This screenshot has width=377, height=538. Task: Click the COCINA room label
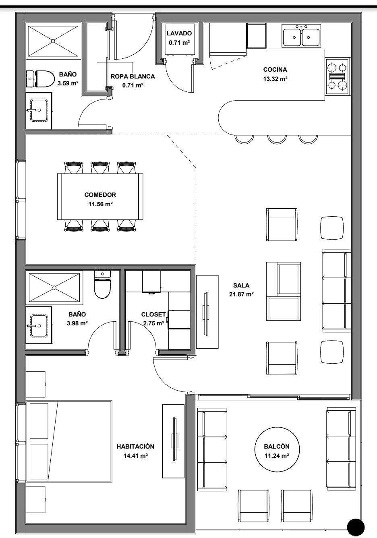(275, 70)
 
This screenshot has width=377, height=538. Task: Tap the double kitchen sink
(301, 35)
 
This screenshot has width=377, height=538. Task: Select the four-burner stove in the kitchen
(338, 77)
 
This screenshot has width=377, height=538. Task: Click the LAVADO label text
(179, 33)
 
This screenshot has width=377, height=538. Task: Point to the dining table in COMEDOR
(100, 196)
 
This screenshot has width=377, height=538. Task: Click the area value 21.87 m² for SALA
(241, 294)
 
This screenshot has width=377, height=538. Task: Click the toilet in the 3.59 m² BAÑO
(40, 79)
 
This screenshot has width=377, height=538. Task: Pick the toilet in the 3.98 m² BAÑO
(102, 284)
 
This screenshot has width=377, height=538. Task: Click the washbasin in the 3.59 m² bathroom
(39, 110)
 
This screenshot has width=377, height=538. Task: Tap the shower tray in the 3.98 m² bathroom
(54, 288)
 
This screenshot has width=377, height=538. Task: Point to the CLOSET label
(153, 315)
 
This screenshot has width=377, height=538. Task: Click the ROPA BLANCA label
(133, 77)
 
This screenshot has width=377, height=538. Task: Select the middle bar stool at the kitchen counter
(277, 139)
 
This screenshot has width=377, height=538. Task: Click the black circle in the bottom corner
(356, 528)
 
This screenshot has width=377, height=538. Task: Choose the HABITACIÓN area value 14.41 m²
(135, 455)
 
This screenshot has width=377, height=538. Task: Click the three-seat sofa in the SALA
(337, 291)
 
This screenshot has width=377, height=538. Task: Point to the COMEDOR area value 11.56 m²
(100, 204)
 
